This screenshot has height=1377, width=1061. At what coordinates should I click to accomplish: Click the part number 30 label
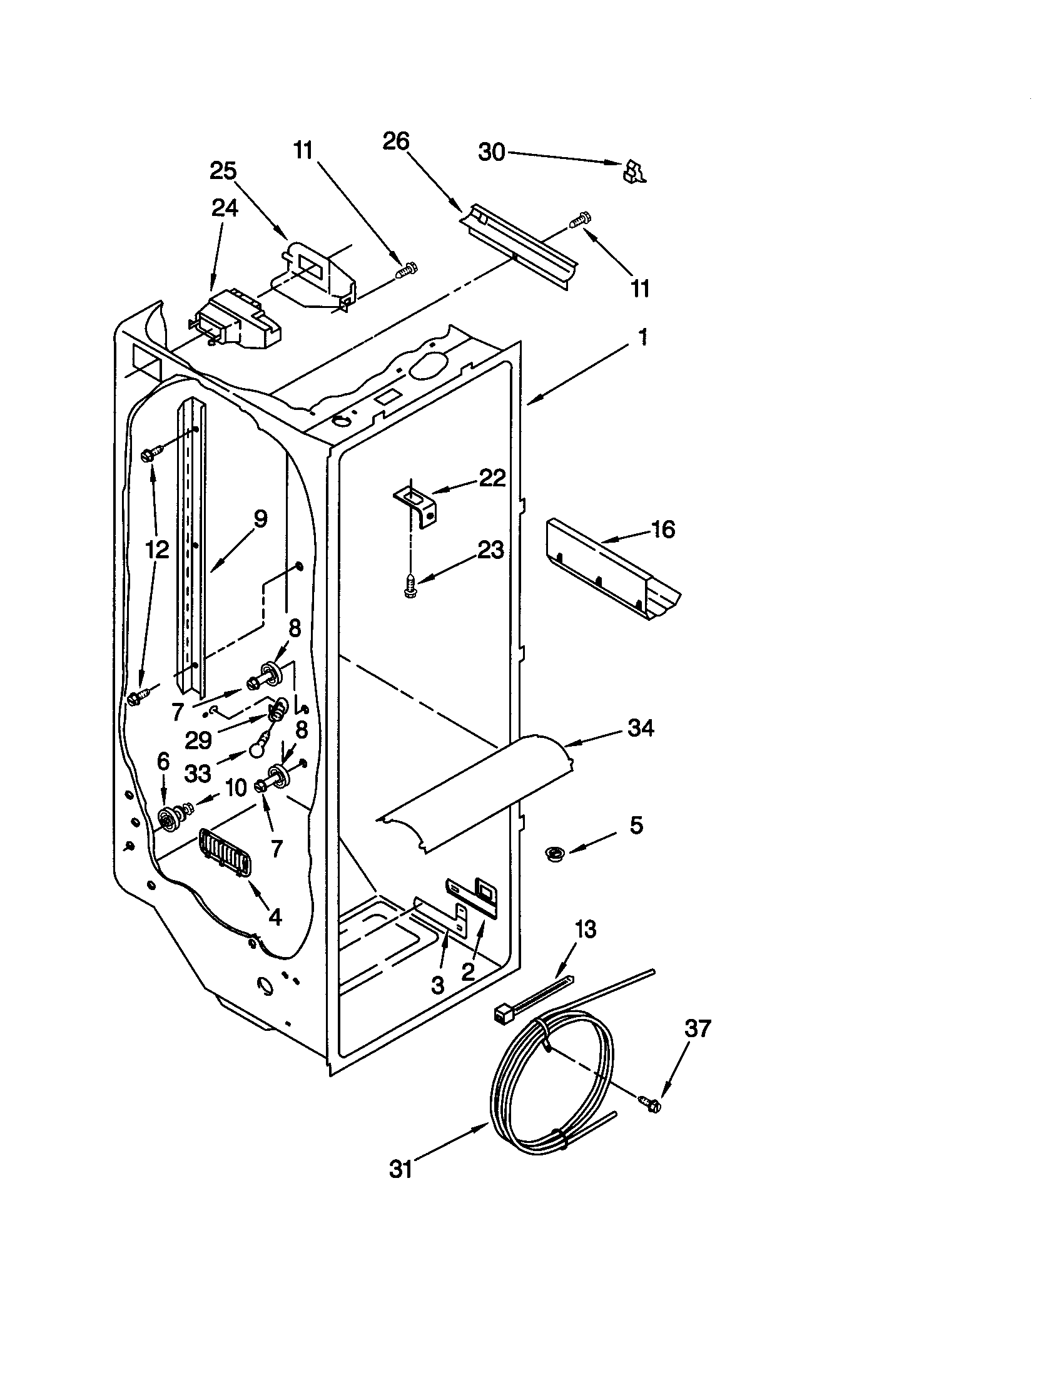pyautogui.click(x=492, y=152)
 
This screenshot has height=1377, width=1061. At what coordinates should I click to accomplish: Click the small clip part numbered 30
pyautogui.click(x=634, y=171)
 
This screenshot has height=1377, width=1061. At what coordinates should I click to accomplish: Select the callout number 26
pyautogui.click(x=395, y=141)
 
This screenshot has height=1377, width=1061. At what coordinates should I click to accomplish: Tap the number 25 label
pyautogui.click(x=223, y=171)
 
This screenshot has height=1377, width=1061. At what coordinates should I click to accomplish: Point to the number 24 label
pyautogui.click(x=225, y=207)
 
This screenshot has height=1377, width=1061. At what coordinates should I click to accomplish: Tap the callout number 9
pyautogui.click(x=260, y=519)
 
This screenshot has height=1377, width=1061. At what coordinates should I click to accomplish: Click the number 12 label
pyautogui.click(x=157, y=550)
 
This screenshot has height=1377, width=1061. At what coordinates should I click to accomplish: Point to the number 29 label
pyautogui.click(x=198, y=741)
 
